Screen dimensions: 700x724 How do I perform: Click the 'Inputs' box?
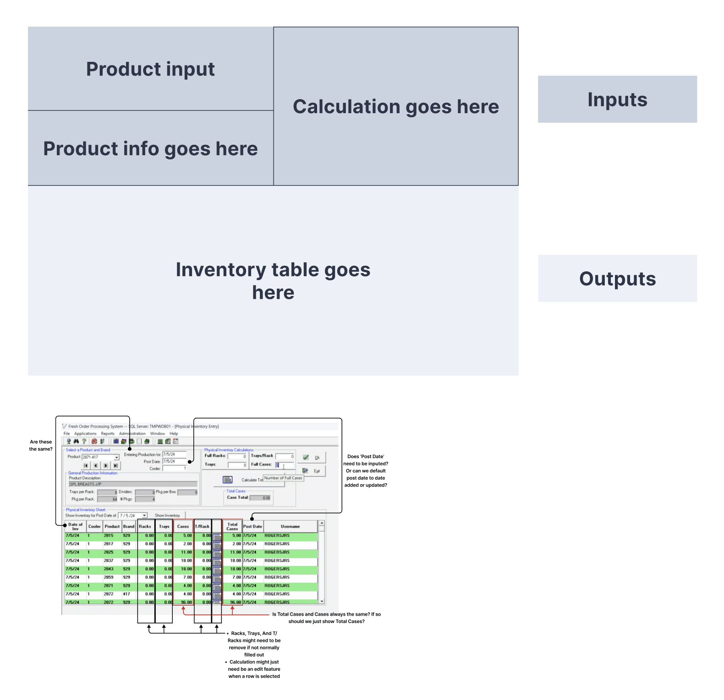(617, 99)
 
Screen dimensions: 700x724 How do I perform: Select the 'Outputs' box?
(617, 279)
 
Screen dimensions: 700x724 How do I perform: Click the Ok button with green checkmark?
(312, 457)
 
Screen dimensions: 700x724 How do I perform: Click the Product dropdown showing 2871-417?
(100, 457)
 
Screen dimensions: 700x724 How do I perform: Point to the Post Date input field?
(174, 461)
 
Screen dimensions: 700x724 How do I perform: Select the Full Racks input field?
(237, 456)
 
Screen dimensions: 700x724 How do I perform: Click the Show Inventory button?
(167, 515)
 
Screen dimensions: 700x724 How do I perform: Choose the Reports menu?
(108, 433)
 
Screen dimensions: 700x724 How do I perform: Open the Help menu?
(174, 433)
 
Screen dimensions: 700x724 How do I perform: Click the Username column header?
(290, 526)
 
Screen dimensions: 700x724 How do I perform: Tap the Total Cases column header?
(232, 526)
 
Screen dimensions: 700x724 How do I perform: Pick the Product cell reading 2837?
(109, 560)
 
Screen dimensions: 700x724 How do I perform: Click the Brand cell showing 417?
(126, 594)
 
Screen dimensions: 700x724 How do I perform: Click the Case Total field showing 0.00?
(261, 498)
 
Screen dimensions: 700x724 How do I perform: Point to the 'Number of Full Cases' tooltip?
(283, 478)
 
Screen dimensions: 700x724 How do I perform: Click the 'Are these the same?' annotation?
(41, 445)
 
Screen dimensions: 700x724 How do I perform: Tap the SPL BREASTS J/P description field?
(133, 484)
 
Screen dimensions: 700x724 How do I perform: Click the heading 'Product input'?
(150, 69)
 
